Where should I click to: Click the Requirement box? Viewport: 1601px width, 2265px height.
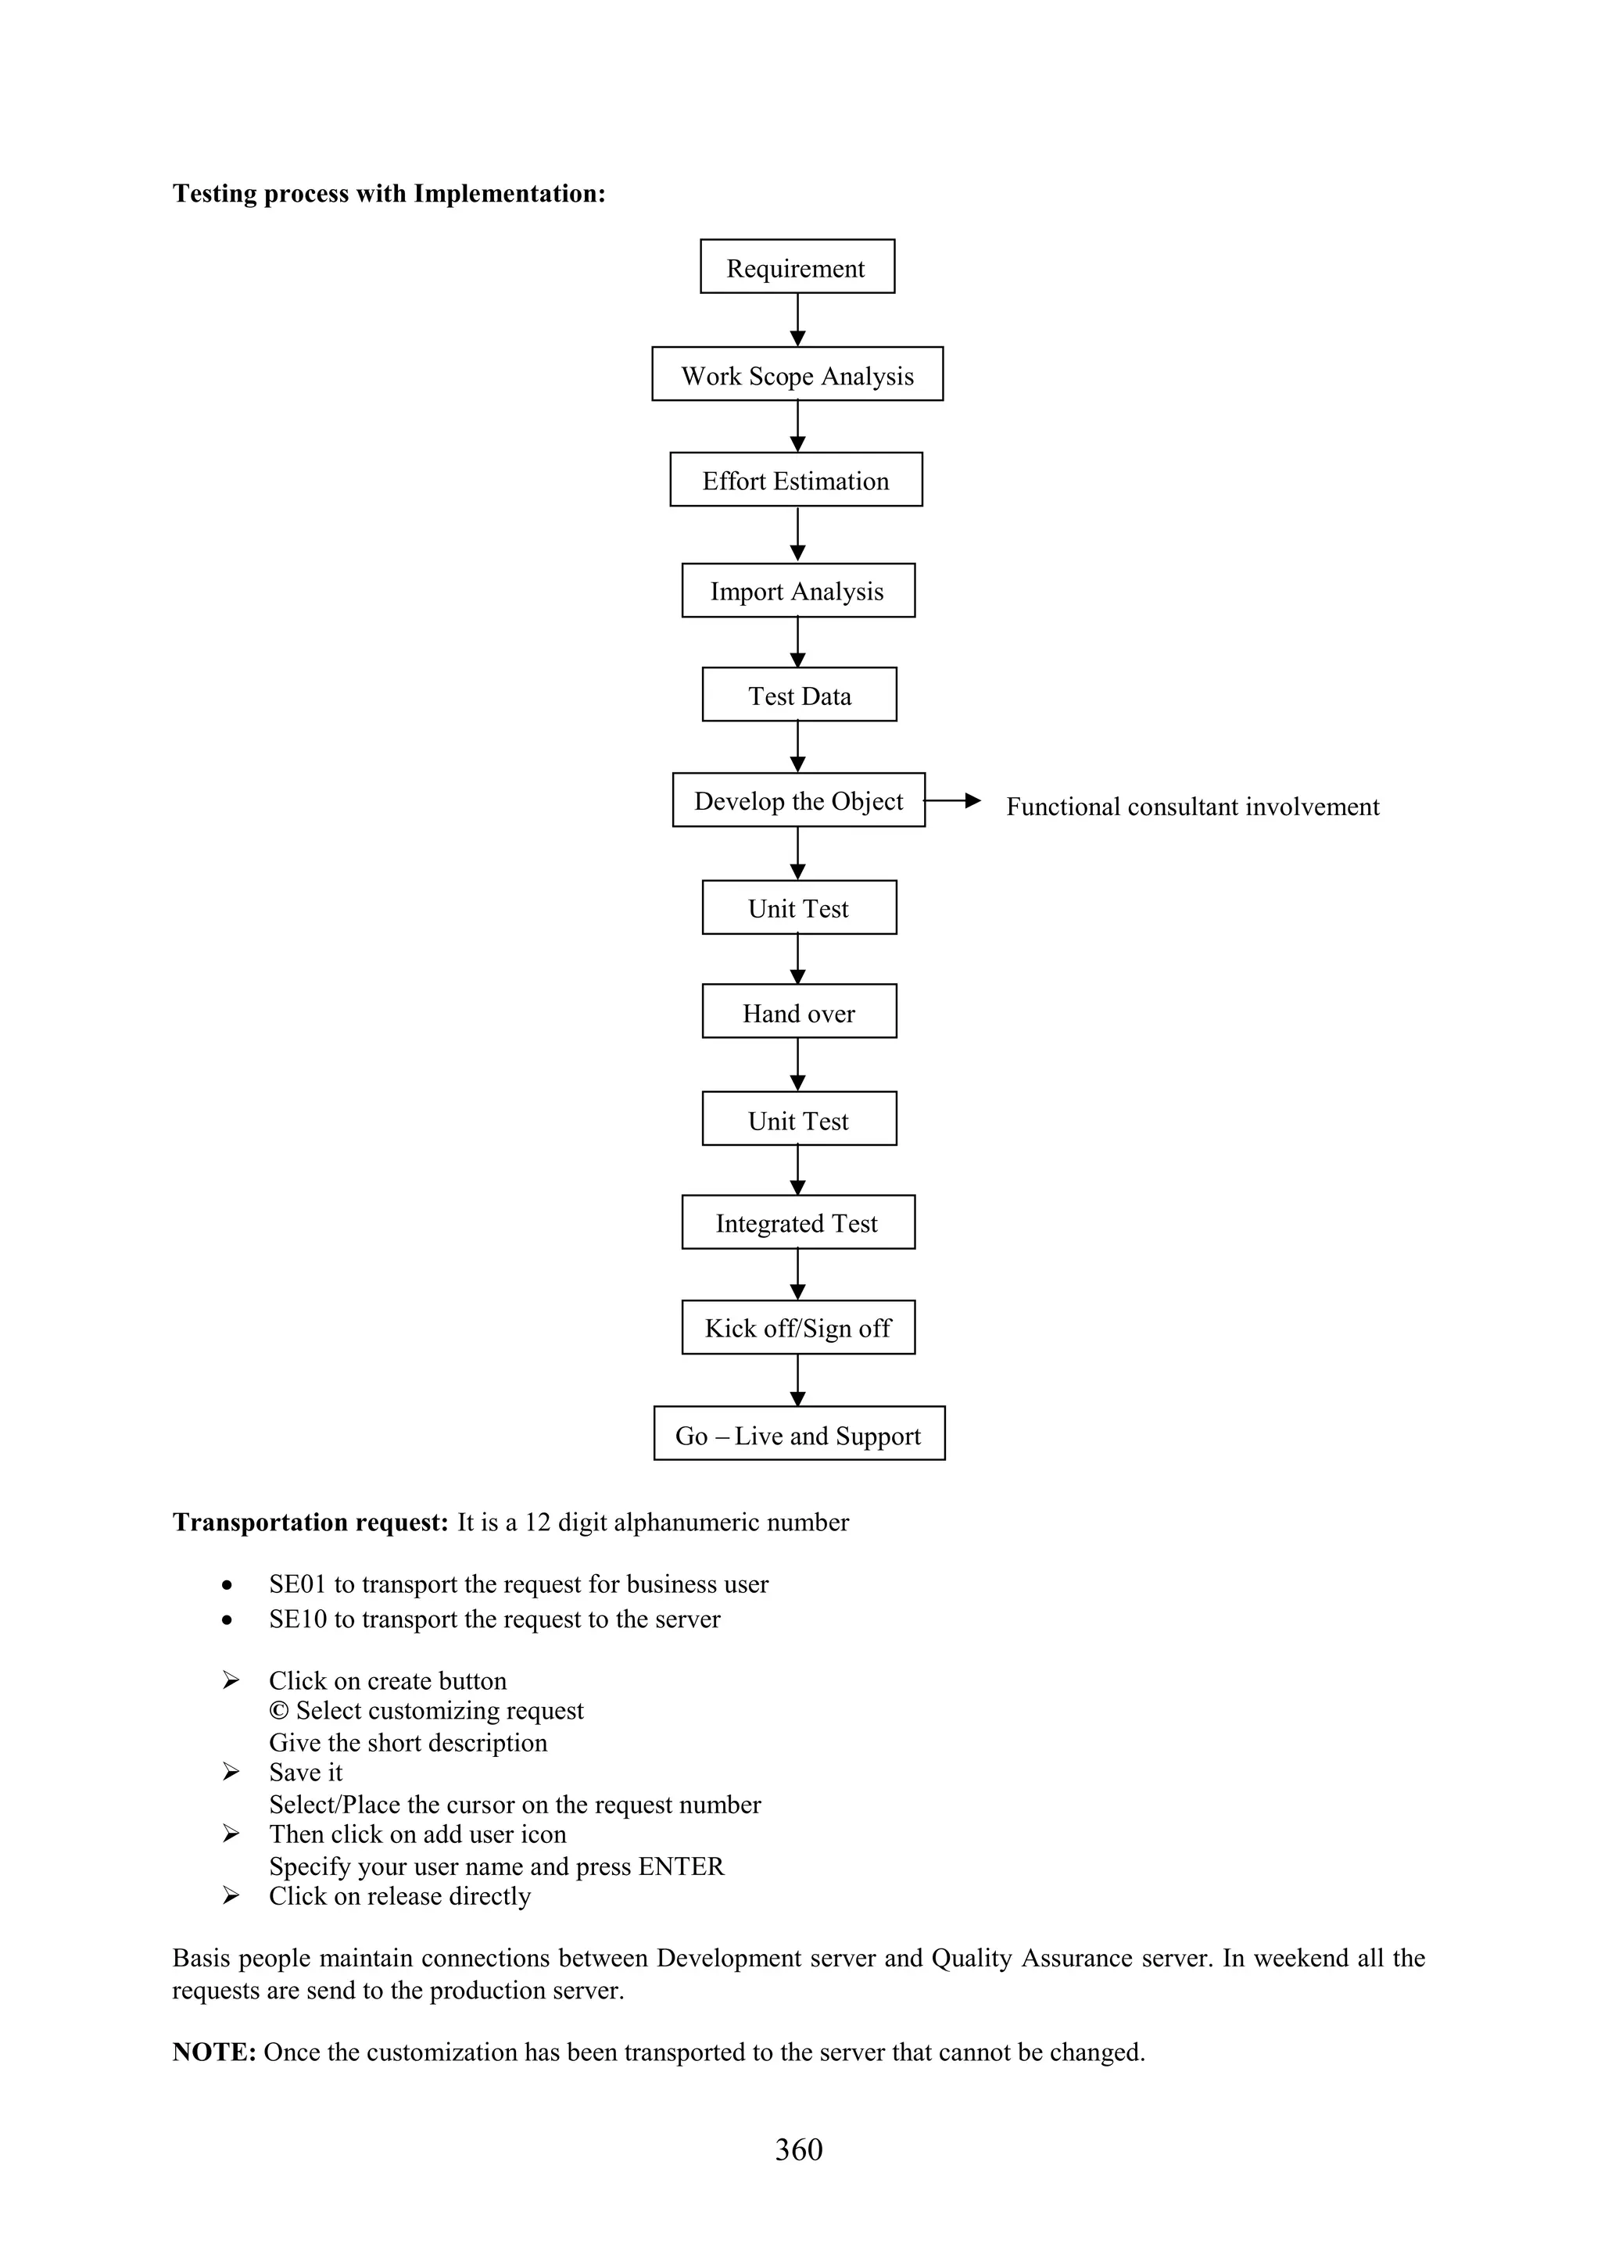point(797,267)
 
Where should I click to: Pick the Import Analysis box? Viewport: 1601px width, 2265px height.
point(798,590)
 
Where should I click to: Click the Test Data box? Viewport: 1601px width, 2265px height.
point(799,695)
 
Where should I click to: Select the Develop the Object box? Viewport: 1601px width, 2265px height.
point(798,800)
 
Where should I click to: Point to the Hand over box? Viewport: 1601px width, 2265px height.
point(799,1011)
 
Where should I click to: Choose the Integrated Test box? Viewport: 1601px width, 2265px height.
point(798,1222)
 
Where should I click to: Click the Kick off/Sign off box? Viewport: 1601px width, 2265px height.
point(798,1327)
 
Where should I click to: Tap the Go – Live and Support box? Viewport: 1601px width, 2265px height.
point(799,1433)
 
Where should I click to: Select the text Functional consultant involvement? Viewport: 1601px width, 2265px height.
point(1191,807)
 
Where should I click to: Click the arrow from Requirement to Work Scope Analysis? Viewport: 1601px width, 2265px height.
point(797,320)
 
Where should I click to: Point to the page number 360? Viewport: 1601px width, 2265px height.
point(798,2149)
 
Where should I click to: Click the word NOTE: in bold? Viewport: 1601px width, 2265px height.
point(214,2052)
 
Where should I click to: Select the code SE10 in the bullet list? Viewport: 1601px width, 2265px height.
point(297,1619)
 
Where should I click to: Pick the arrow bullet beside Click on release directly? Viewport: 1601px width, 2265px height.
point(231,1895)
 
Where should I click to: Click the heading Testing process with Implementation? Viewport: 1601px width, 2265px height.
point(389,193)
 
